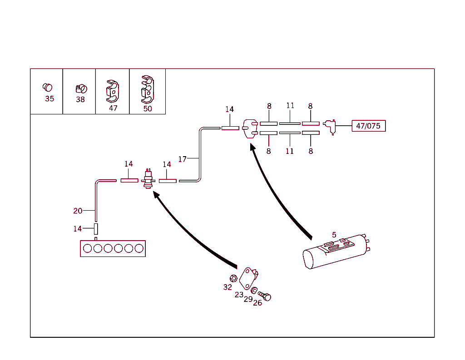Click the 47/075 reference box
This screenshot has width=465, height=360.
click(368, 126)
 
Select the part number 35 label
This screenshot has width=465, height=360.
click(49, 99)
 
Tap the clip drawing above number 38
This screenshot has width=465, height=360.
click(80, 88)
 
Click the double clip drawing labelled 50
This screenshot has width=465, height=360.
click(147, 89)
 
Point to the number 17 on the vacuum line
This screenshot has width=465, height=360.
click(182, 159)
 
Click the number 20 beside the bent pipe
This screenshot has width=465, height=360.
click(78, 211)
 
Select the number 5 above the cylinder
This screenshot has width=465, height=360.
click(334, 235)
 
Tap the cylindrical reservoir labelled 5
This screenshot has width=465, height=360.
click(334, 253)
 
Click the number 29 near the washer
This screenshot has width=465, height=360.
click(248, 299)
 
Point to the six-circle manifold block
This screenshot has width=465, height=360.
click(113, 248)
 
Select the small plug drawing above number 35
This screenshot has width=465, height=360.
click(47, 87)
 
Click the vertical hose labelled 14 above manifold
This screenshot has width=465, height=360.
click(96, 229)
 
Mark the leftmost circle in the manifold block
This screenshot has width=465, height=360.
click(88, 248)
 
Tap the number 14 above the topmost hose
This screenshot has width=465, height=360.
click(230, 109)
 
